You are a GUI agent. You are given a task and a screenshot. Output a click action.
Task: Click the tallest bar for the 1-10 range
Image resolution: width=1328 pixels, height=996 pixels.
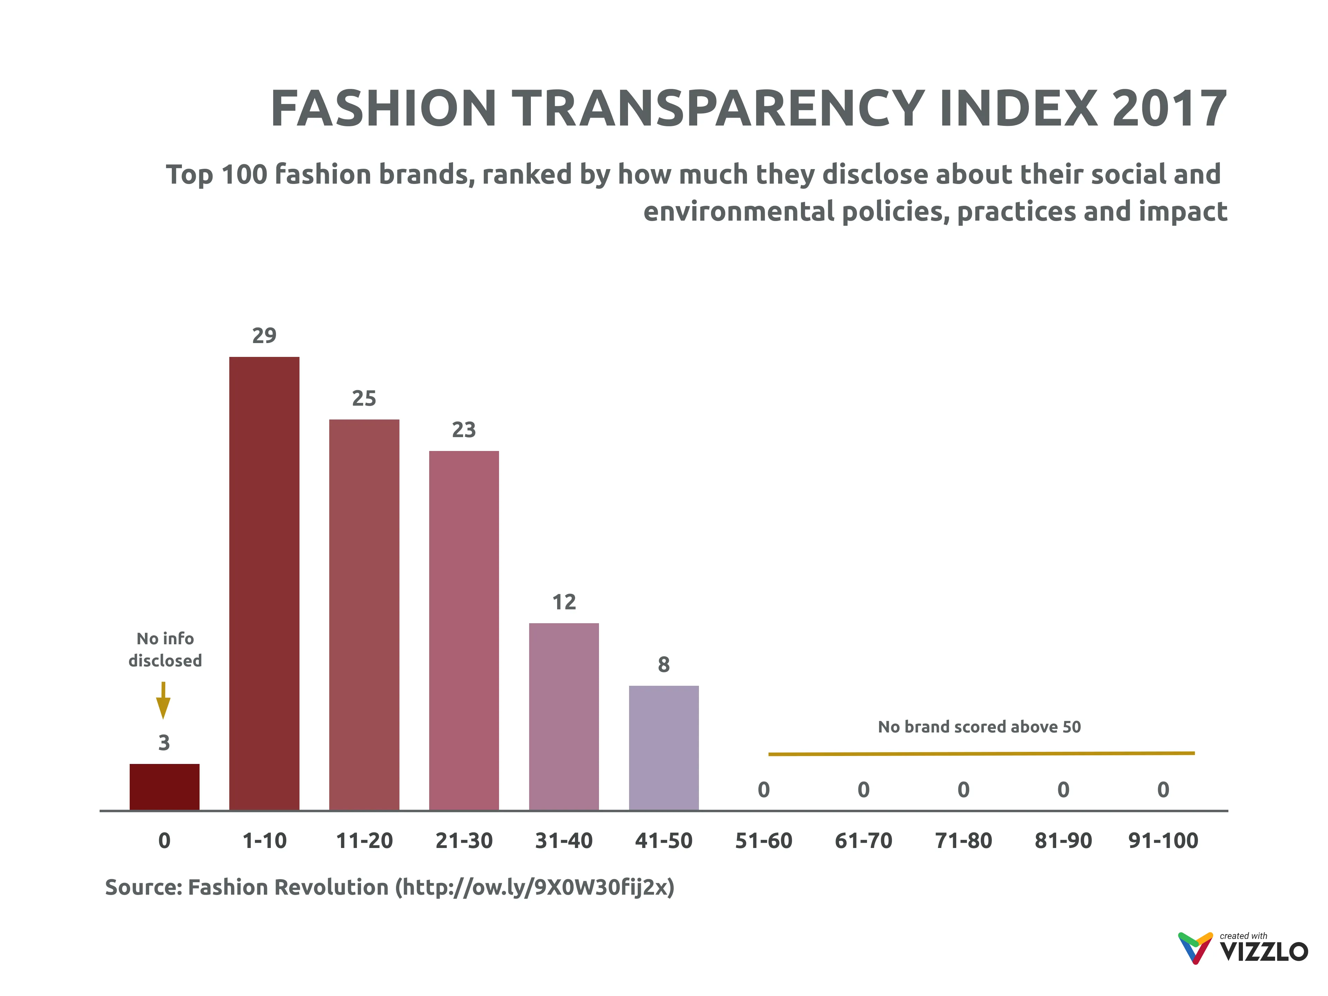264,582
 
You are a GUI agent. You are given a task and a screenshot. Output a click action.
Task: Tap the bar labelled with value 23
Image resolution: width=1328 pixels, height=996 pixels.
463,630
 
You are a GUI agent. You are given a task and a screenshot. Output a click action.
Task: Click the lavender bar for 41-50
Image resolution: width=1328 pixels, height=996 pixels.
663,747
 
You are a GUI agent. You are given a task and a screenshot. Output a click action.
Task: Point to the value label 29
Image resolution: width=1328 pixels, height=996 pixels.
264,335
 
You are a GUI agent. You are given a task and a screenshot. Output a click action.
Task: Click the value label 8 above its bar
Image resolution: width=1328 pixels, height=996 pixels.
663,665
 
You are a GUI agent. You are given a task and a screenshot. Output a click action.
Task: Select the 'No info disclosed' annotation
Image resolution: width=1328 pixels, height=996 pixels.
165,649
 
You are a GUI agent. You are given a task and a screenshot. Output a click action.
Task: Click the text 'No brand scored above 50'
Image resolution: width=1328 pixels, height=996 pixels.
979,727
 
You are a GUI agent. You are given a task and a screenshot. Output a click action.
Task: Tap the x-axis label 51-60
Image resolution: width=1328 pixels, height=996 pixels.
764,840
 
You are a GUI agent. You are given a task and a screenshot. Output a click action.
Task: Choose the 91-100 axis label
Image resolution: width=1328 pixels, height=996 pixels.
1163,840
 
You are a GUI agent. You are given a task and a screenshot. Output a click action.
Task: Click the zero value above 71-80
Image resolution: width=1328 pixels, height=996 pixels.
963,790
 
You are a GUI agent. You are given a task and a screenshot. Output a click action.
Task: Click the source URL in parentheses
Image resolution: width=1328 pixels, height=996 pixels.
534,887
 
